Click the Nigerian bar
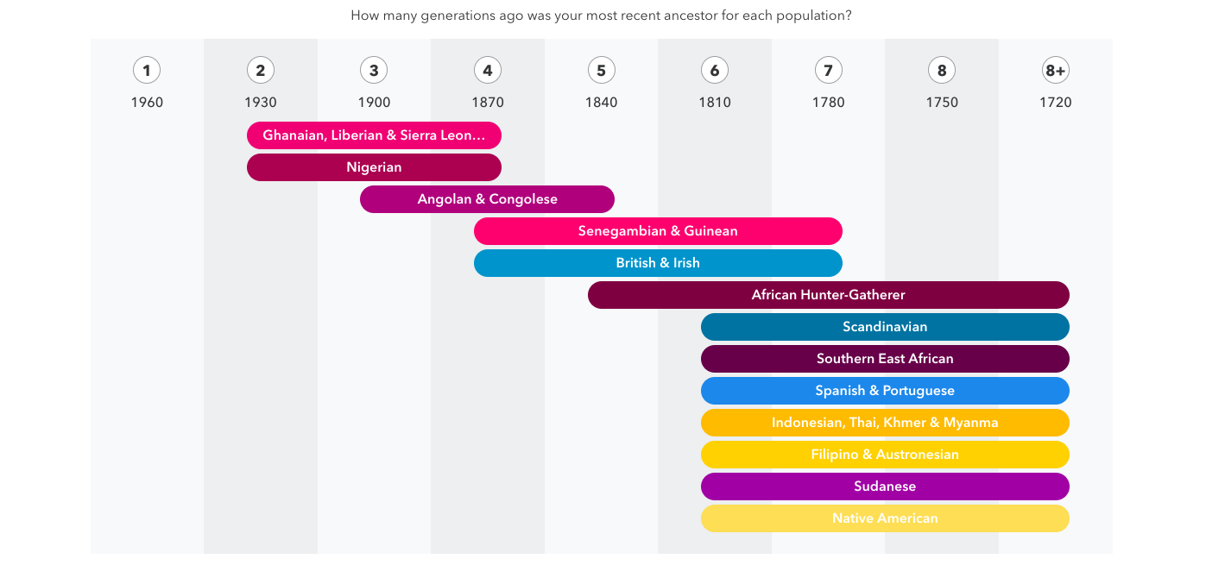tap(374, 167)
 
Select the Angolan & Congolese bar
tap(487, 199)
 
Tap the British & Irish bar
tap(658, 263)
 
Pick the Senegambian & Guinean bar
tap(658, 231)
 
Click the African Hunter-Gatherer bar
tap(828, 295)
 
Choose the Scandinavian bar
tap(885, 327)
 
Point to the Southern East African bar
tap(885, 359)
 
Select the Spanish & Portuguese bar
tap(885, 391)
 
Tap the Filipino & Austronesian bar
tap(885, 455)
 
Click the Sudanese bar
tap(885, 487)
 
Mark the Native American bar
tap(885, 518)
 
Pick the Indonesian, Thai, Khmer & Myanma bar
tap(885, 423)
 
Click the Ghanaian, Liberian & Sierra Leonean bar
tap(374, 135)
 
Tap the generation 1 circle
tap(147, 71)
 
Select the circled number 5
tap(602, 71)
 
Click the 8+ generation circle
tap(1055, 71)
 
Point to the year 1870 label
tap(488, 103)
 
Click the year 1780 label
tap(828, 103)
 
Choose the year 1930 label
tap(261, 103)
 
